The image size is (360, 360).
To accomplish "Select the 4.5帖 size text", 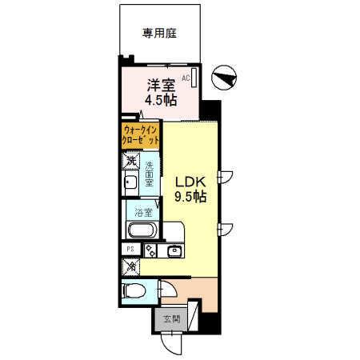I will pyautogui.click(x=159, y=101).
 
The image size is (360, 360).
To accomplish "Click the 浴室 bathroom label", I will pyautogui.click(x=143, y=213).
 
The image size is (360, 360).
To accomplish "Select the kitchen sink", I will pyautogui.click(x=174, y=252).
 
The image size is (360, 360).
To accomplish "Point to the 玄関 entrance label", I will pyautogui.click(x=172, y=319).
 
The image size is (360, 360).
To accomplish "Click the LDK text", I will pyautogui.click(x=190, y=182).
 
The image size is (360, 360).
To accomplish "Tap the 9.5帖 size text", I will pyautogui.click(x=191, y=197).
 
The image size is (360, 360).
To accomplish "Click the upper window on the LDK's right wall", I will pyautogui.click(x=226, y=177).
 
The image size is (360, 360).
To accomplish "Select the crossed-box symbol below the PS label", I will pyautogui.click(x=130, y=266).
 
